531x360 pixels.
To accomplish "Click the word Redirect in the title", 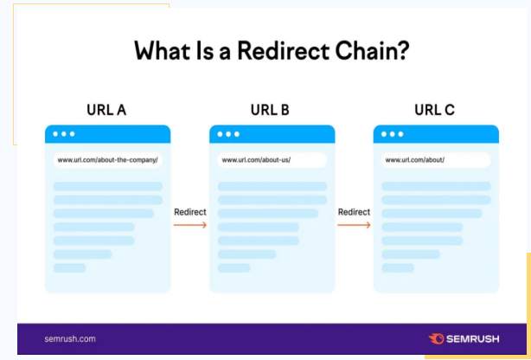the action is (x=283, y=51).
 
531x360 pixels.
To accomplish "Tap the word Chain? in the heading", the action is (x=372, y=51).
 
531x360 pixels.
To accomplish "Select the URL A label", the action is (x=106, y=110).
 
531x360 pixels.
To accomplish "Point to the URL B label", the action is (x=270, y=110).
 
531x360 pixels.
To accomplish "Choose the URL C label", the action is (x=434, y=110).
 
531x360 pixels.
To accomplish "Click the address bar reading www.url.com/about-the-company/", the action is (x=108, y=160).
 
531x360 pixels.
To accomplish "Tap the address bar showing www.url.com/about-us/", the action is (x=272, y=160).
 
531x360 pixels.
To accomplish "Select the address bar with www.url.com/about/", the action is (x=436, y=160).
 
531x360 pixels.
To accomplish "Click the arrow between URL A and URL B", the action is (x=190, y=225).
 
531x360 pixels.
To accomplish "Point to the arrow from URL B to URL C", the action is (x=354, y=225).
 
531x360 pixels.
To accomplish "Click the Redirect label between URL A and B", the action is (x=190, y=212).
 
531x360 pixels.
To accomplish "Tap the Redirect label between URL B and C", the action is (x=354, y=212).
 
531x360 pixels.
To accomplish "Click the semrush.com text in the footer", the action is (x=70, y=339).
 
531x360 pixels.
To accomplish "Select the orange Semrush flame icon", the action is (x=436, y=338).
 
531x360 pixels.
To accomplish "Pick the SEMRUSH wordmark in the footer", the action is (x=472, y=339).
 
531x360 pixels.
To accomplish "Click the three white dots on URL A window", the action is (x=64, y=134).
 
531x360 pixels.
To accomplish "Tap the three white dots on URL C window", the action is (x=392, y=134).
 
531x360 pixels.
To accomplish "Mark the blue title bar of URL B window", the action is (x=272, y=134).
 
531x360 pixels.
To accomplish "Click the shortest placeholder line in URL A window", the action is (x=69, y=267).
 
